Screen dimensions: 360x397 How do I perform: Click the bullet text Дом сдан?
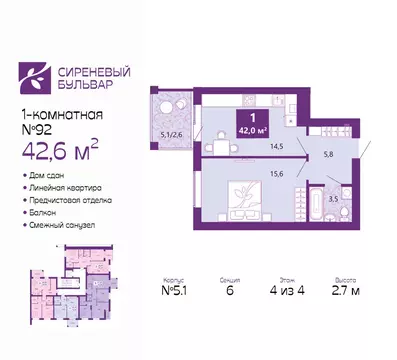47,177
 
